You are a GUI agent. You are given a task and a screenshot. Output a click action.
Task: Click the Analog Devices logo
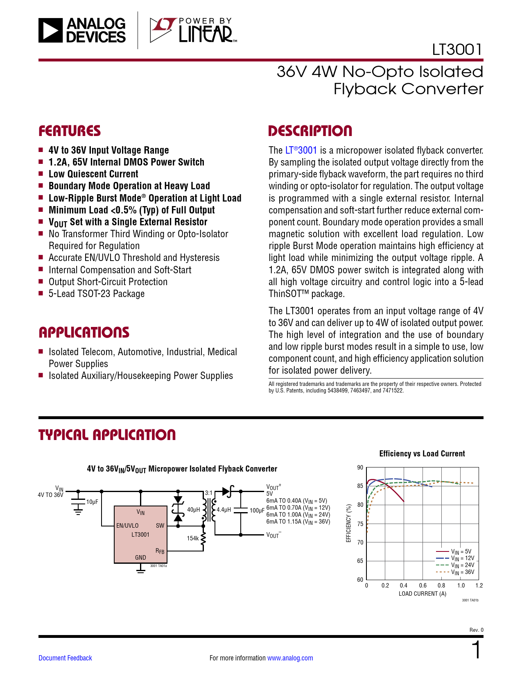click(82, 30)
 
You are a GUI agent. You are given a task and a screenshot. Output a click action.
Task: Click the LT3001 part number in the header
click(457, 50)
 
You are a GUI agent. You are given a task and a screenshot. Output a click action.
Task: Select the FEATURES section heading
click(70, 131)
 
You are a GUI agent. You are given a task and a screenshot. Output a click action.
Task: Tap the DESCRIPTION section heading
click(310, 131)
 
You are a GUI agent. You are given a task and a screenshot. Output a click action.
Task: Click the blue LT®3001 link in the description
click(301, 150)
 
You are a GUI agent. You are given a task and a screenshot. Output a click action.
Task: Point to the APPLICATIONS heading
click(84, 332)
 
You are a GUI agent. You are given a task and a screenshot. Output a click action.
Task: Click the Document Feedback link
click(65, 658)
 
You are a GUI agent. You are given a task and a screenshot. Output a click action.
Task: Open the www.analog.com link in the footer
click(290, 658)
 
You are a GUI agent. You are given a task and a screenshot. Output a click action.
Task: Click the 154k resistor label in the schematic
click(192, 538)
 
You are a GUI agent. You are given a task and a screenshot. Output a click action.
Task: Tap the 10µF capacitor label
click(92, 502)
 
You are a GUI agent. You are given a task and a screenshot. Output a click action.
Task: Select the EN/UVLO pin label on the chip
click(127, 526)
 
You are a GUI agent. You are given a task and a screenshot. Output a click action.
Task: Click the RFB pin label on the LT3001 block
click(160, 551)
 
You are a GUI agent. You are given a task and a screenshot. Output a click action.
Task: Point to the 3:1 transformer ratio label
click(209, 493)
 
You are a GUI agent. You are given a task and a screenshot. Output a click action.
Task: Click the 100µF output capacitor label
click(257, 510)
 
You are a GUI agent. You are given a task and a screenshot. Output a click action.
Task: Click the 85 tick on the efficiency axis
click(360, 486)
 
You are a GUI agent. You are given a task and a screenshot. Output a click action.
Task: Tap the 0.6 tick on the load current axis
click(423, 585)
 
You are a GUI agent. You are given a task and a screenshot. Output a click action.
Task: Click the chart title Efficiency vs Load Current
click(422, 454)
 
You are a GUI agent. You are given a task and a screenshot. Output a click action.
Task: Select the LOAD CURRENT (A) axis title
click(423, 594)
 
